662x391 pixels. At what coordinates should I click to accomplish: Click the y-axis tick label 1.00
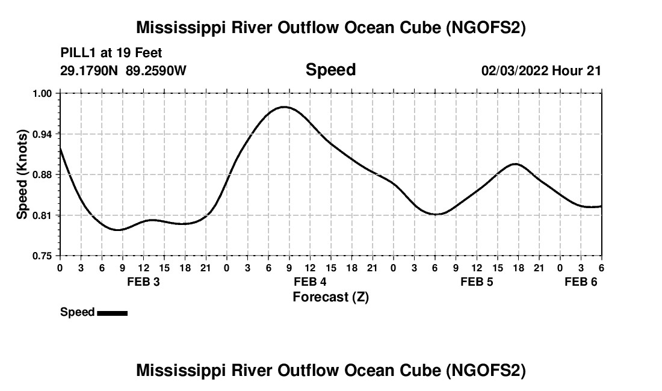click(42, 93)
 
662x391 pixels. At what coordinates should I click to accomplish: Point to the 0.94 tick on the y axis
click(42, 134)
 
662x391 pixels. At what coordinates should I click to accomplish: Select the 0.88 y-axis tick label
click(42, 174)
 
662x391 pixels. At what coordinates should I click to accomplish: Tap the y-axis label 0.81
click(42, 215)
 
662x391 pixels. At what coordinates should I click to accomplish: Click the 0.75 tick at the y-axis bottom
click(42, 256)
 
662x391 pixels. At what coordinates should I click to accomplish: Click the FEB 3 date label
click(143, 282)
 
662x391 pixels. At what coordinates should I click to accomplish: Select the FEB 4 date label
click(310, 282)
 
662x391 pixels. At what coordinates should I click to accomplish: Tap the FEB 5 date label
click(477, 282)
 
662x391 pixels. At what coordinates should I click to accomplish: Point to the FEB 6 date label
click(581, 282)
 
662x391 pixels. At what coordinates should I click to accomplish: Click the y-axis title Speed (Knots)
click(22, 174)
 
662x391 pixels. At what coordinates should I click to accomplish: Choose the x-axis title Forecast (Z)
click(330, 297)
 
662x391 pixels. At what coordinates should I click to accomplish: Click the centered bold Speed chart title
click(330, 70)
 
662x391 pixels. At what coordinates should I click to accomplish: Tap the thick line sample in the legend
click(112, 313)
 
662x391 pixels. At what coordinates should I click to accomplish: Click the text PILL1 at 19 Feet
click(111, 54)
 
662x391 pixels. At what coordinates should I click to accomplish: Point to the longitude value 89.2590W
click(156, 70)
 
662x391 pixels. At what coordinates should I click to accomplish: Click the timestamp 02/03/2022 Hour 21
click(541, 70)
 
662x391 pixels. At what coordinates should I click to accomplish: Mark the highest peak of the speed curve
click(284, 107)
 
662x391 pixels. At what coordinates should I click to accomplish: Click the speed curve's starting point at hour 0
click(60, 148)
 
